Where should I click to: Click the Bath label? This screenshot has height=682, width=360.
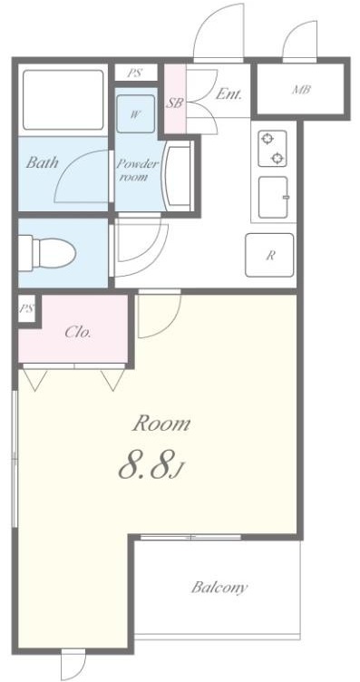pyautogui.click(x=42, y=162)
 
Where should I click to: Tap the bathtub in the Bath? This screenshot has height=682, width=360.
pyautogui.click(x=63, y=100)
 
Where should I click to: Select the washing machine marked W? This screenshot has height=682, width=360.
pyautogui.click(x=136, y=114)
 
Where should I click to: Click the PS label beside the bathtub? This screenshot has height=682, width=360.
pyautogui.click(x=134, y=73)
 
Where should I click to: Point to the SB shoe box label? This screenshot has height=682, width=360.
pyautogui.click(x=174, y=103)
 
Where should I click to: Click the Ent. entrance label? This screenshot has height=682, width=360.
pyautogui.click(x=229, y=94)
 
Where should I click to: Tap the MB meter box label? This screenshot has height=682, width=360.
pyautogui.click(x=301, y=90)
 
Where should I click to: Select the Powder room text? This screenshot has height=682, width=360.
pyautogui.click(x=137, y=170)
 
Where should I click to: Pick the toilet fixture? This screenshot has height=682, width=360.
pyautogui.click(x=47, y=252)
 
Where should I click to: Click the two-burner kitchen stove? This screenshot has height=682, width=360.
pyautogui.click(x=272, y=149)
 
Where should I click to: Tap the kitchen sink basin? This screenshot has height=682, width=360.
pyautogui.click(x=273, y=197)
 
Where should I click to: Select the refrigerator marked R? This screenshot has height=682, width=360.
pyautogui.click(x=269, y=256)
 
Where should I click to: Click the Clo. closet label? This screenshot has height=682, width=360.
pyautogui.click(x=78, y=333)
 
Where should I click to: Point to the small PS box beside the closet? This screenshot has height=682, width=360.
pyautogui.click(x=27, y=309)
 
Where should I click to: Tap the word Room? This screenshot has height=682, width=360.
pyautogui.click(x=161, y=424)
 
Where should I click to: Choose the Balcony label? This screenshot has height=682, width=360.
pyautogui.click(x=219, y=588)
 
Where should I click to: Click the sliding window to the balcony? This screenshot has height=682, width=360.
pyautogui.click(x=190, y=537)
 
